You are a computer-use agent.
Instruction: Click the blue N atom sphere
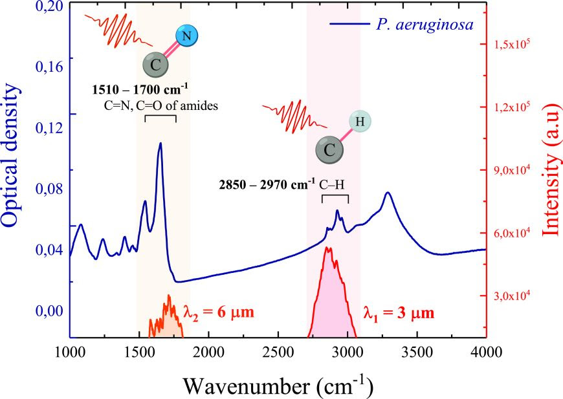pos(186,36)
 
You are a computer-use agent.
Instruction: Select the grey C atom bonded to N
pos(155,65)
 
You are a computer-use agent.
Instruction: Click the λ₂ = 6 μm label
pos(217,312)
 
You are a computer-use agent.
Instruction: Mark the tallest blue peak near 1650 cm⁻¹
pos(160,144)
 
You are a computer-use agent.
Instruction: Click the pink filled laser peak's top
pos(329,248)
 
